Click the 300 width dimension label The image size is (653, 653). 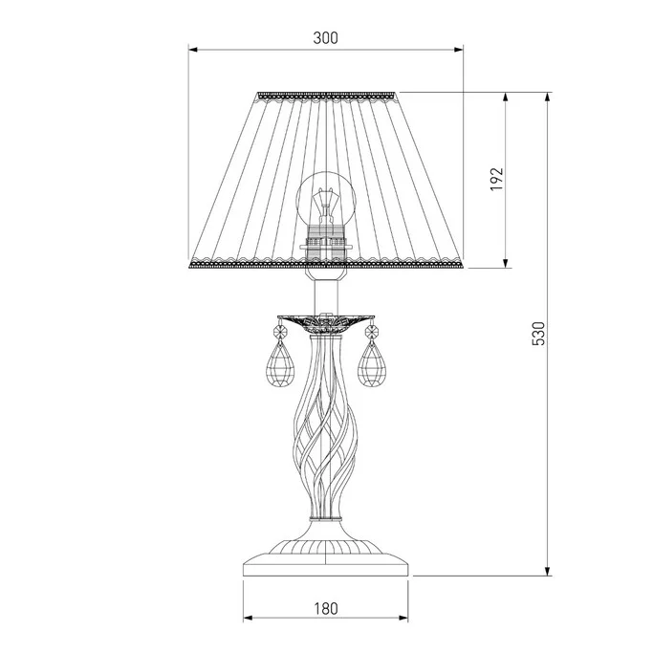[x=326, y=38]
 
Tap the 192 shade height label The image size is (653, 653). [x=496, y=179]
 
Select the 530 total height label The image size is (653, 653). [x=538, y=334]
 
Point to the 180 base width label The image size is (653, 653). [x=326, y=609]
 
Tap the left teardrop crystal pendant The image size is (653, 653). [x=280, y=364]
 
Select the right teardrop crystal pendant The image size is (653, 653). [x=372, y=364]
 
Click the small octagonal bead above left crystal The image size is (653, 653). [x=280, y=333]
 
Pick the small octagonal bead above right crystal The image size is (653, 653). [x=372, y=333]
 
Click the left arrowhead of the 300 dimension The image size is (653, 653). [x=192, y=50]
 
